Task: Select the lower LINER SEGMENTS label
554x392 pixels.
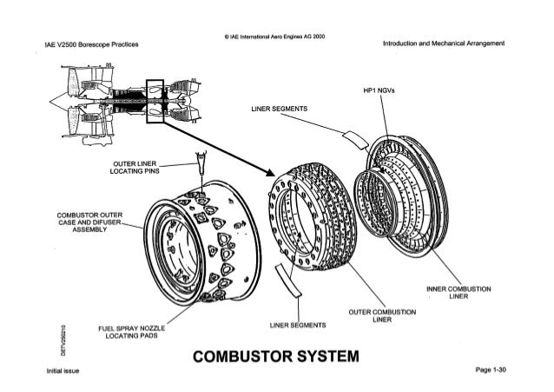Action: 298,326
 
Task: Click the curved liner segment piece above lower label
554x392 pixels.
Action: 283,282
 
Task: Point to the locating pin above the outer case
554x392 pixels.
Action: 201,163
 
